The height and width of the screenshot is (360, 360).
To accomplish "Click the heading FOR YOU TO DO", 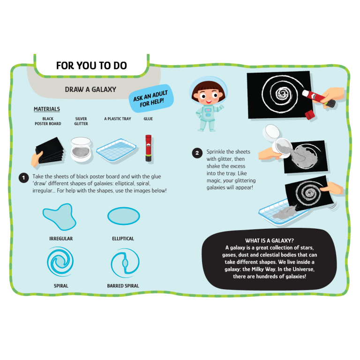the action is click(x=91, y=66).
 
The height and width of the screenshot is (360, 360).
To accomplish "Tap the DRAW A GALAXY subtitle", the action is click(x=90, y=90).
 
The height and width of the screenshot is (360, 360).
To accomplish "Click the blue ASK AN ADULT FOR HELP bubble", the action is click(x=151, y=99).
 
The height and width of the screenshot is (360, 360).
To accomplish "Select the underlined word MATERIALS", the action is click(x=47, y=109).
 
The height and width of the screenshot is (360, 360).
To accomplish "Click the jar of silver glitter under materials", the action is click(x=81, y=150).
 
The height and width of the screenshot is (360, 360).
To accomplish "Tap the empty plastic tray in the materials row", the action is click(x=116, y=150).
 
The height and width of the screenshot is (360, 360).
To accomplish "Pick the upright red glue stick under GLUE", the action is click(x=148, y=148).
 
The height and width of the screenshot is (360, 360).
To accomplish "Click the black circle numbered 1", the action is click(x=23, y=178).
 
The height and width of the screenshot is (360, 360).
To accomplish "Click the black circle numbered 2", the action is click(x=197, y=153).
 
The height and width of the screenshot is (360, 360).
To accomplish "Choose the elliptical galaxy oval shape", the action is click(x=124, y=216).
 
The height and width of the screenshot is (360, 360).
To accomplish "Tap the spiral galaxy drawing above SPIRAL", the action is click(x=60, y=262).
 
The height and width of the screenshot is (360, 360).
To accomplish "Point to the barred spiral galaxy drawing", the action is click(x=125, y=263).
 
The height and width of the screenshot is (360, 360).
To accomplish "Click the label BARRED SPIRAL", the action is click(x=123, y=286).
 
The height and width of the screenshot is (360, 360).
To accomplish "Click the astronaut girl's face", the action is click(x=208, y=95).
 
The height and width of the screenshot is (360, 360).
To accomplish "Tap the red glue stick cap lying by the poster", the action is click(x=309, y=114).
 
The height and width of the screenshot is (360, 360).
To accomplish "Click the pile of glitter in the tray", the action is click(x=284, y=212).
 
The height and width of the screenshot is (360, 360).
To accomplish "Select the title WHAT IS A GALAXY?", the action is click(x=270, y=240).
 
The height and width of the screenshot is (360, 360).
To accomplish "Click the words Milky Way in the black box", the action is click(x=263, y=269).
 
